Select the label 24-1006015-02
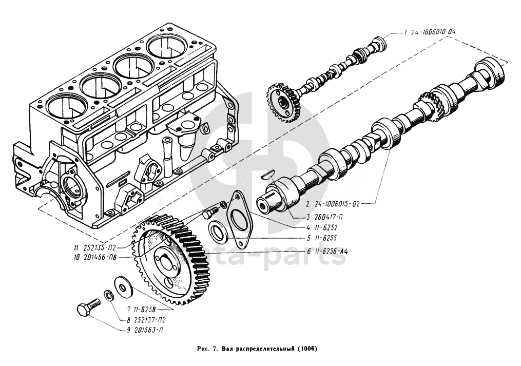click(338, 203)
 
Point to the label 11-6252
click(318, 227)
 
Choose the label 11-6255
click(318, 239)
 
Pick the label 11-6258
click(142, 310)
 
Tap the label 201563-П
click(146, 330)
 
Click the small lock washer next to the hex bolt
click(108, 295)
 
